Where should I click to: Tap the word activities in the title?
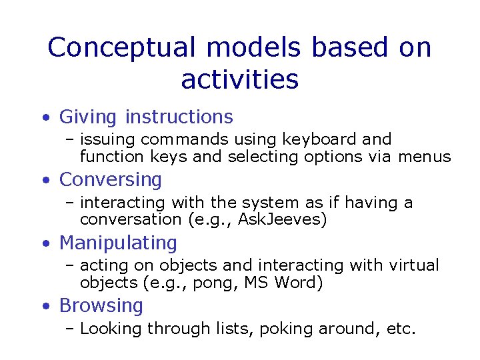pyautogui.click(x=239, y=79)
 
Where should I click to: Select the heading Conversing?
pyautogui.click(x=111, y=180)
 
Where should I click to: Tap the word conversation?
pyautogui.click(x=131, y=220)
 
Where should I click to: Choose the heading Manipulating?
pyautogui.click(x=118, y=243)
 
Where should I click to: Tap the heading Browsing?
pyautogui.click(x=101, y=305)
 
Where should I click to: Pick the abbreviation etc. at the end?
pyautogui.click(x=400, y=329)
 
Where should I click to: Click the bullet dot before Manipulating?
pyautogui.click(x=45, y=244)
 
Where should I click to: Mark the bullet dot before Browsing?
pyautogui.click(x=45, y=307)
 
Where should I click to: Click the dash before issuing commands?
pyautogui.click(x=69, y=140)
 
